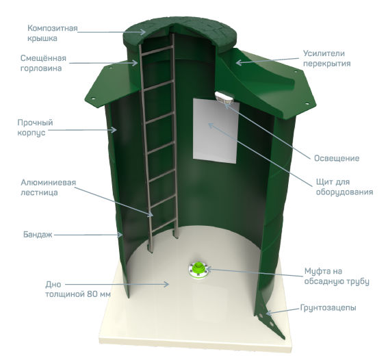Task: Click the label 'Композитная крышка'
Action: [x=53, y=33]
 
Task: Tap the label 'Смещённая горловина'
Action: [x=43, y=63]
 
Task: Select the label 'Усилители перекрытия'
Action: [x=327, y=58]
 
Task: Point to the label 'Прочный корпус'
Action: [x=35, y=127]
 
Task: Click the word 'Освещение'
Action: [x=337, y=158]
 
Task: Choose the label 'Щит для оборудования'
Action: [x=344, y=187]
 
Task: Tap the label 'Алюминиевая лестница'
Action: [x=49, y=188]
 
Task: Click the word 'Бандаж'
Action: [x=38, y=234]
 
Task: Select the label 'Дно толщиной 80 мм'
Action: [x=78, y=290]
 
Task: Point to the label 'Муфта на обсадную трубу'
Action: [x=337, y=277]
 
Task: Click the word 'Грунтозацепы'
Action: [x=328, y=308]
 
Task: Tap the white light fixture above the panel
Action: [x=224, y=97]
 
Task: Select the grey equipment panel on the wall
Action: [x=216, y=131]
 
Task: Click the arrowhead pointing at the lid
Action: [x=143, y=32]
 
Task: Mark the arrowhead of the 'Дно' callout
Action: [x=166, y=284]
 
